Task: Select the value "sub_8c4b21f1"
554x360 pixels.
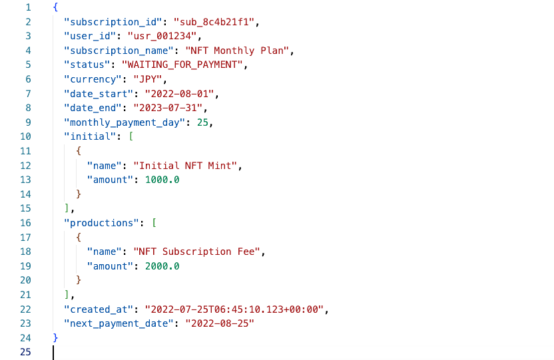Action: click(x=215, y=22)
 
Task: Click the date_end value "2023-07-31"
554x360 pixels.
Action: click(x=170, y=108)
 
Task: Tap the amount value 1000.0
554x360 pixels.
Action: click(x=158, y=180)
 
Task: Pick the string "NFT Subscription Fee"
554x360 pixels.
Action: click(x=198, y=252)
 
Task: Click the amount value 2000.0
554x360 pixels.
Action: click(x=158, y=266)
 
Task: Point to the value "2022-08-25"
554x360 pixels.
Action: click(x=220, y=323)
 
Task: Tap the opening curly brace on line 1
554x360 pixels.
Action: click(x=55, y=8)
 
